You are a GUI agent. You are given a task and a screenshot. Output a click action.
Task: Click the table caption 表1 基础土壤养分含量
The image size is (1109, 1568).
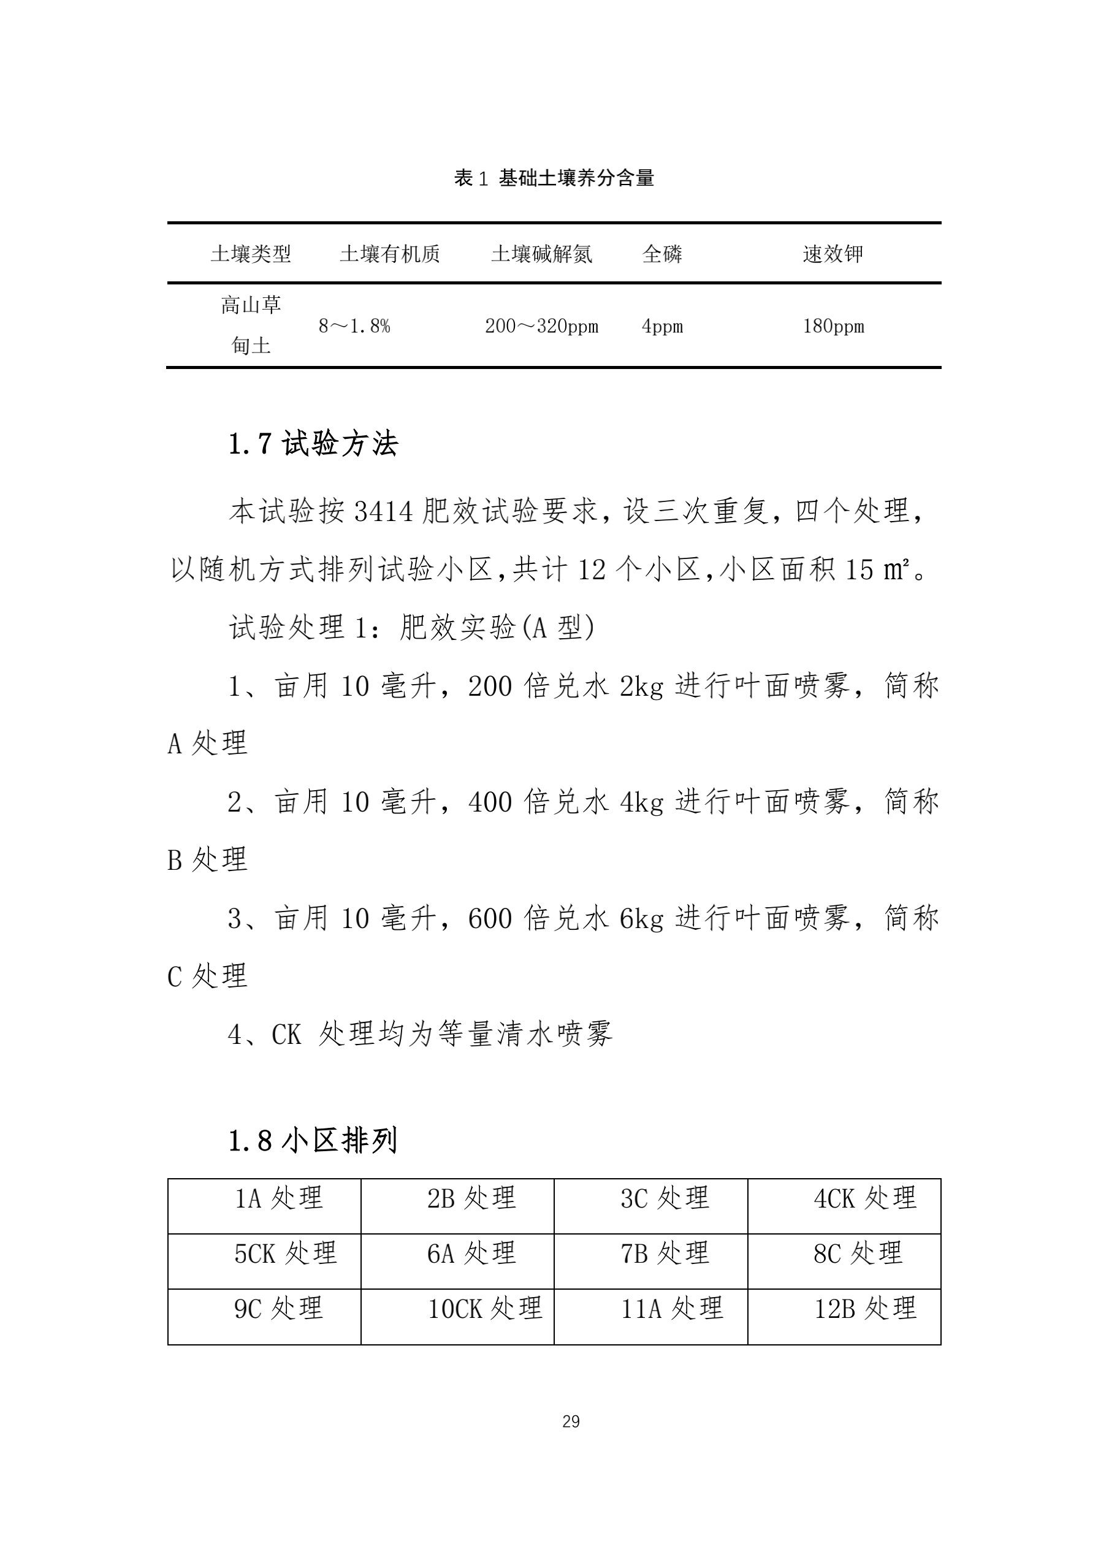coord(554,178)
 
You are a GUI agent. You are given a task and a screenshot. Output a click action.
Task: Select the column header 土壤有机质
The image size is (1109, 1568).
coord(389,254)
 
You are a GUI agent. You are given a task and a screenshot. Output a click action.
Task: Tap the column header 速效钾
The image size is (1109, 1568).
coord(833,254)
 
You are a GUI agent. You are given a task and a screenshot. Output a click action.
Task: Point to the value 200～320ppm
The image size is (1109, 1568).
coord(541,327)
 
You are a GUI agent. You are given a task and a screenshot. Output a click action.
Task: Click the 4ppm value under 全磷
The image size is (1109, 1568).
coord(661,327)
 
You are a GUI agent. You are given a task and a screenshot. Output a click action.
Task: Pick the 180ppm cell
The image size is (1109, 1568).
coord(833,327)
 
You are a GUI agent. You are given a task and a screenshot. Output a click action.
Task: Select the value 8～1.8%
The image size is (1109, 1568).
coord(354,327)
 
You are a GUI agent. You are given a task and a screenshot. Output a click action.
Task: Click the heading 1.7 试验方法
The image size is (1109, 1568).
coord(313,444)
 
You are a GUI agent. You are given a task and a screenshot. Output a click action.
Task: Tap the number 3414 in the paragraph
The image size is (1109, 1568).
coord(384,511)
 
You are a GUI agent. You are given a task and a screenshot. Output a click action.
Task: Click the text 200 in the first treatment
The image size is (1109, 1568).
coord(490,687)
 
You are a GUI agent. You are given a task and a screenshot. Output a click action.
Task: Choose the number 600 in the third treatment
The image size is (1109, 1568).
coord(490,918)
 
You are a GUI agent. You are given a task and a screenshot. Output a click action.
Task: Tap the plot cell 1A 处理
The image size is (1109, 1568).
coord(278,1198)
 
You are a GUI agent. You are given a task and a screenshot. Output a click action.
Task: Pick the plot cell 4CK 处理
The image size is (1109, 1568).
coord(864,1198)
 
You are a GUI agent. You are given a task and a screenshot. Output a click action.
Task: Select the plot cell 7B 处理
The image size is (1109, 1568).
coord(665,1253)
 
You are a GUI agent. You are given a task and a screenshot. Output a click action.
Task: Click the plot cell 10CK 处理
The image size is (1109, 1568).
coord(485,1309)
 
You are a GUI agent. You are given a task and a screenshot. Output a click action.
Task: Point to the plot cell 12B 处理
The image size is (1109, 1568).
coord(864,1309)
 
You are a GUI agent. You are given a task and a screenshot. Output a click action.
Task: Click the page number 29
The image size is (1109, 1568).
coord(571,1422)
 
